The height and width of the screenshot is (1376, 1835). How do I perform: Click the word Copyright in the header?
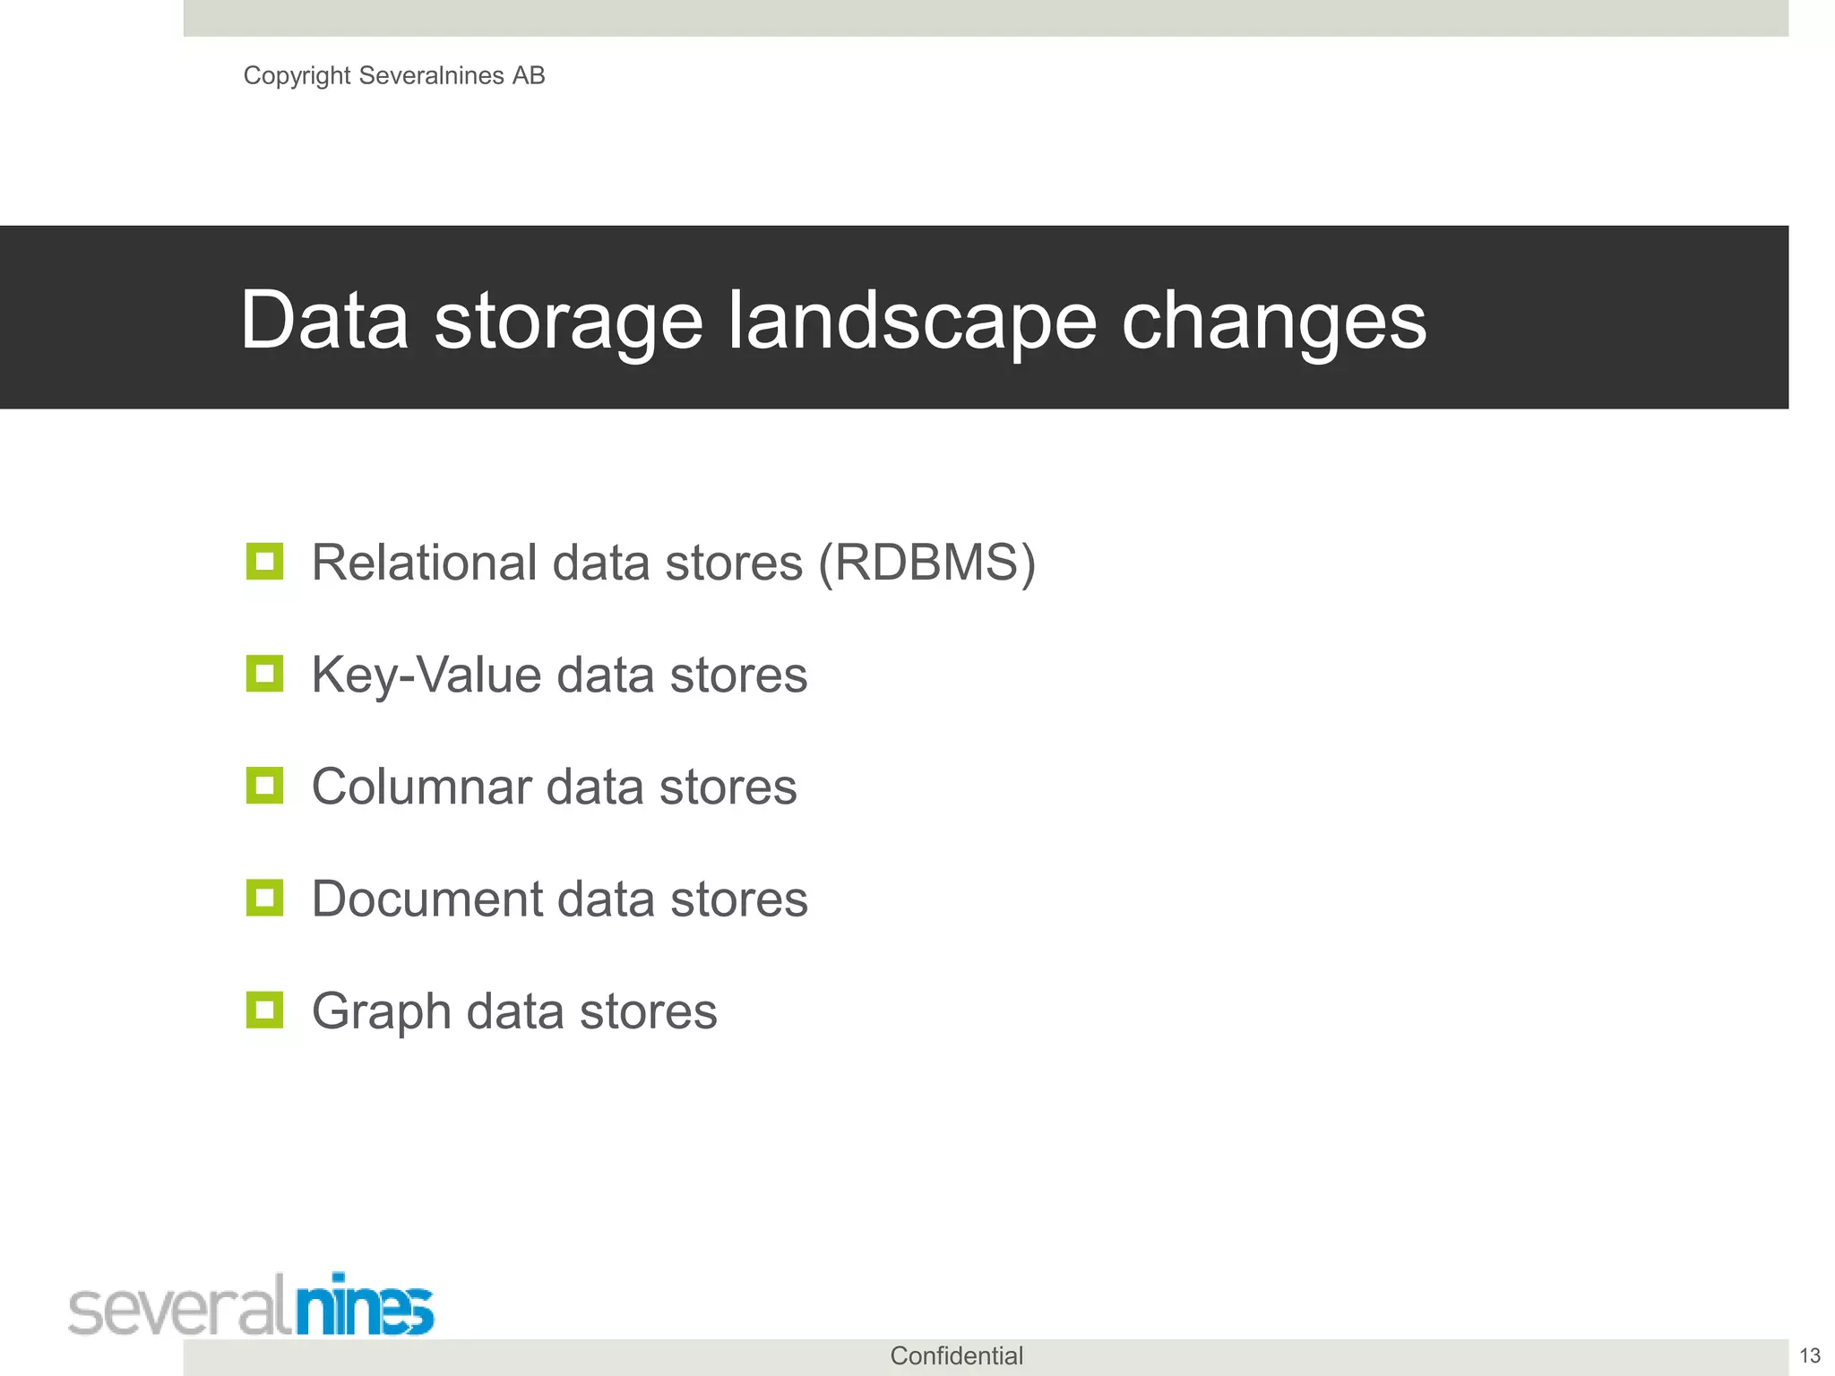click(x=297, y=76)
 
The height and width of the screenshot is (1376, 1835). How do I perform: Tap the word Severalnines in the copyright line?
click(x=431, y=76)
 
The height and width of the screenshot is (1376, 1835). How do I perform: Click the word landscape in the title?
click(x=911, y=321)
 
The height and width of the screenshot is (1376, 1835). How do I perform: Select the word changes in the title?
click(x=1273, y=321)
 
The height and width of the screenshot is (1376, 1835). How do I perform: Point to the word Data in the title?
click(x=324, y=321)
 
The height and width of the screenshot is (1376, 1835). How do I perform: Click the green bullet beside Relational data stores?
click(x=264, y=562)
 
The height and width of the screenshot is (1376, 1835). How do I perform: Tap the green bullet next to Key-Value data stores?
click(x=264, y=674)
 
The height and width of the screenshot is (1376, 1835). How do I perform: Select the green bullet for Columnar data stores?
click(x=264, y=786)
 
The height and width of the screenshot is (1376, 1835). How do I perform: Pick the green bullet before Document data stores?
click(x=264, y=898)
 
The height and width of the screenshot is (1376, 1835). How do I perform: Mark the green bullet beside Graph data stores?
click(x=264, y=1010)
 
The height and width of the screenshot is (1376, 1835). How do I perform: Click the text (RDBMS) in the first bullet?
click(x=927, y=563)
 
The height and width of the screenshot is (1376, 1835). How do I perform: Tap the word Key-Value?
click(x=426, y=675)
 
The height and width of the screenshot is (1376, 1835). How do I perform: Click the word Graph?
click(x=381, y=1012)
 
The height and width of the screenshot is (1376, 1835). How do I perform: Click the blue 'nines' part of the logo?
click(x=365, y=1306)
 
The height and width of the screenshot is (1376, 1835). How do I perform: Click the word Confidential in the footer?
click(x=956, y=1356)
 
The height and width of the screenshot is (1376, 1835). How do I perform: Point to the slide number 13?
click(x=1810, y=1356)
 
